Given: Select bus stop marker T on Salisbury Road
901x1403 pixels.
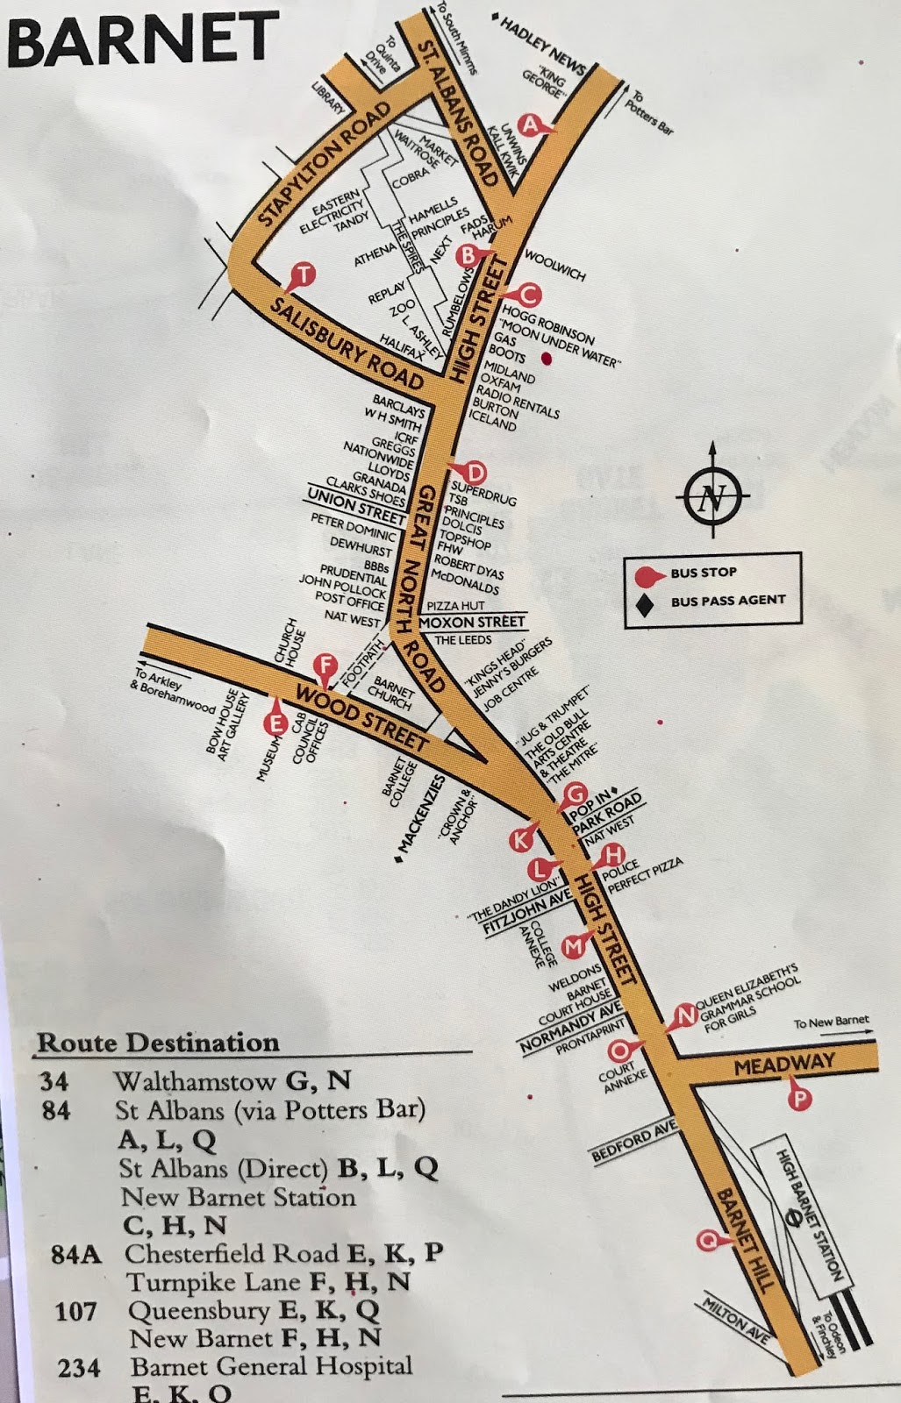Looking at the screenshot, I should [302, 275].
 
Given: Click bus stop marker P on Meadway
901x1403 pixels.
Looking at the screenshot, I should [797, 1097].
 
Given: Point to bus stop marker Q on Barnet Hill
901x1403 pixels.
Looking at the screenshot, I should [707, 1240].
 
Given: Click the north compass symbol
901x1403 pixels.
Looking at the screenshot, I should [712, 498].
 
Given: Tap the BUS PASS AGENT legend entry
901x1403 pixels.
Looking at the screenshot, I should [726, 601].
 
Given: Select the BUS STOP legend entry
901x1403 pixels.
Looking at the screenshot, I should [702, 573].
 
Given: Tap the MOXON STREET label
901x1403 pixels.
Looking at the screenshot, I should [472, 622].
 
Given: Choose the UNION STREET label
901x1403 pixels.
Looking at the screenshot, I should [355, 506].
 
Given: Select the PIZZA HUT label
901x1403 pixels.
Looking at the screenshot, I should [455, 606].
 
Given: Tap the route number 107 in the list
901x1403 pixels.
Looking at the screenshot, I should [75, 1312].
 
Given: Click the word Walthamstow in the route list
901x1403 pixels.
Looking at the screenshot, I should [196, 1081].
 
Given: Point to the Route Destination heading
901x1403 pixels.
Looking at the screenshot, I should [158, 1043].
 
